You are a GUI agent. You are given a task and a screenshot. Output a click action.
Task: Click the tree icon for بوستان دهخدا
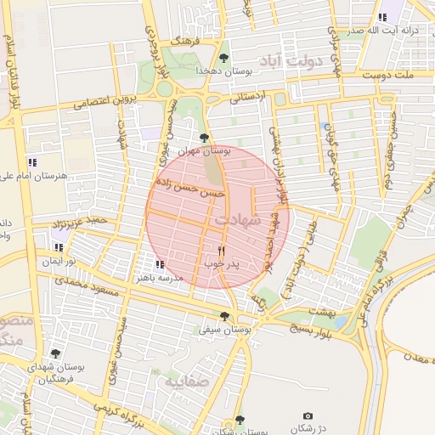[x=223, y=58]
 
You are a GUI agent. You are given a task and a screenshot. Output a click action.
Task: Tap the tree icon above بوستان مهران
[x=203, y=137]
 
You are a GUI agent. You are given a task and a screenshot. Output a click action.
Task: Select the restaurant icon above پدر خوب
[x=222, y=251]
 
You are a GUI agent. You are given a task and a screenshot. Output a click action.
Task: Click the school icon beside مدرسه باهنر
[x=160, y=264]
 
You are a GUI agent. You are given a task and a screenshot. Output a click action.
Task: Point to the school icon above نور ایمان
[x=59, y=248]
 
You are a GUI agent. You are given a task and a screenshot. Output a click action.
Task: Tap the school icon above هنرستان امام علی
[x=32, y=161]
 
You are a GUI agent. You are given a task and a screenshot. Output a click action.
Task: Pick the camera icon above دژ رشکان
[x=308, y=415]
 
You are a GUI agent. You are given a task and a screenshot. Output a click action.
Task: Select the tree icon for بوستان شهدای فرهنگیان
[x=55, y=353]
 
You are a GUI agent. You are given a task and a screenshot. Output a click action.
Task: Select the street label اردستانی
[x=247, y=97]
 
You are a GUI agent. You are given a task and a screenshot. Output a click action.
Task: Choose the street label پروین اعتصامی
[x=104, y=101]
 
